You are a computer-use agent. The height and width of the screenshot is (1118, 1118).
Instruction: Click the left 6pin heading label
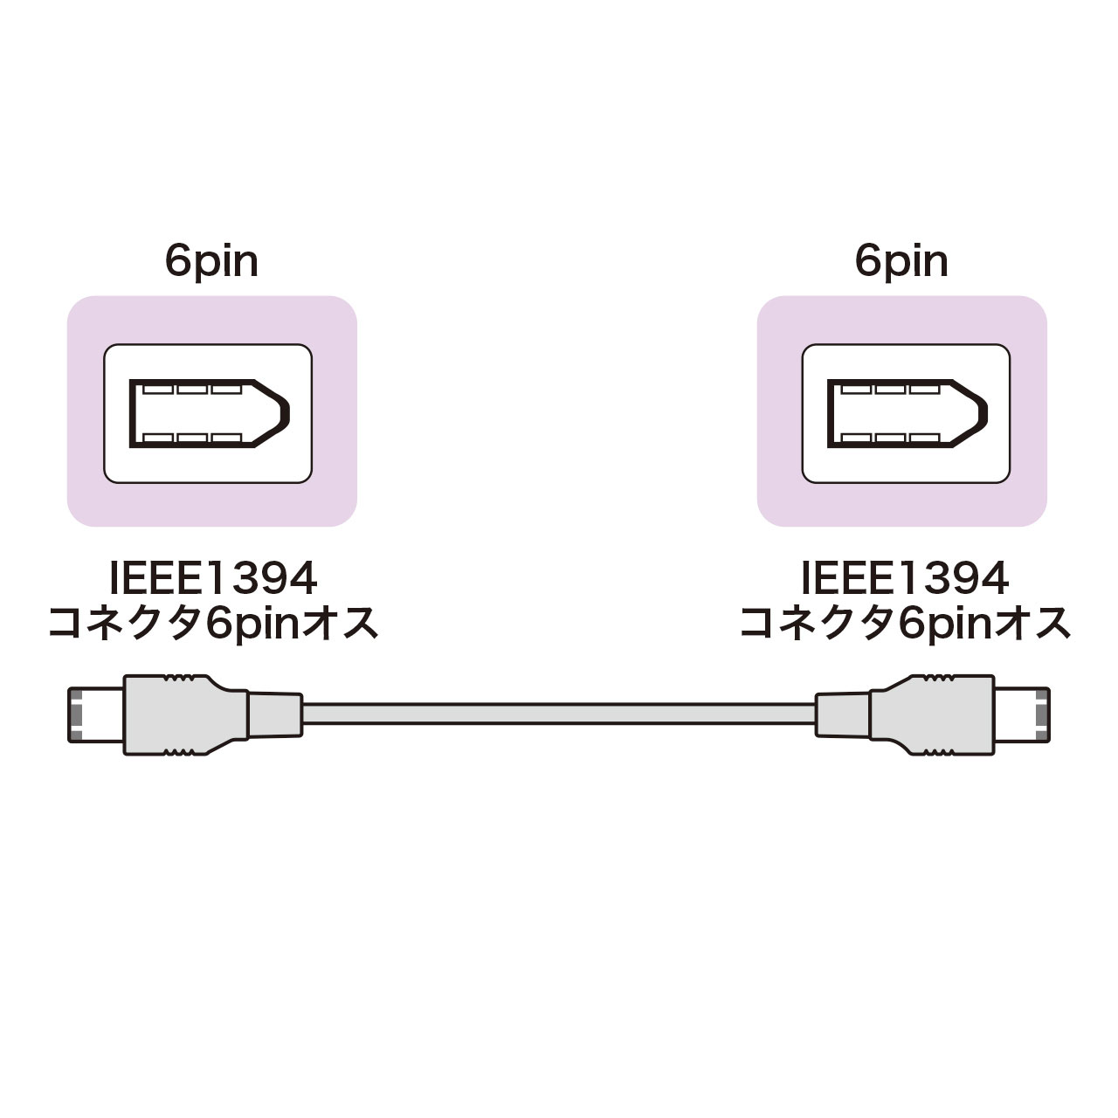(x=211, y=261)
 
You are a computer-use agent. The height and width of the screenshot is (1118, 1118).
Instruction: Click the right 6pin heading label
(x=901, y=261)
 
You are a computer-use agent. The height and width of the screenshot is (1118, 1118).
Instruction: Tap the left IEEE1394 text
(x=212, y=578)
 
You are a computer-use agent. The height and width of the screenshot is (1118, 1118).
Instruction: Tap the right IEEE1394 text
(x=905, y=578)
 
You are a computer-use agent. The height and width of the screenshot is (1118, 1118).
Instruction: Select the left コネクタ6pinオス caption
(x=212, y=624)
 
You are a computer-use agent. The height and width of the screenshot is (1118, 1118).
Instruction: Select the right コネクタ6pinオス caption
(x=905, y=624)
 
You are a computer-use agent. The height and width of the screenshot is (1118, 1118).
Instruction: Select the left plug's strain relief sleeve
(x=274, y=714)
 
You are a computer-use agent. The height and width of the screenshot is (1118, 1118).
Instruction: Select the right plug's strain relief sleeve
(x=843, y=714)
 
